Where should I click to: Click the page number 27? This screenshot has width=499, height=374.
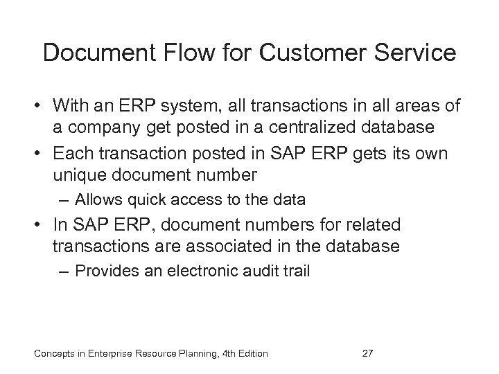click(x=369, y=354)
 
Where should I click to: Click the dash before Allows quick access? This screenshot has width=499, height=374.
click(x=64, y=202)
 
